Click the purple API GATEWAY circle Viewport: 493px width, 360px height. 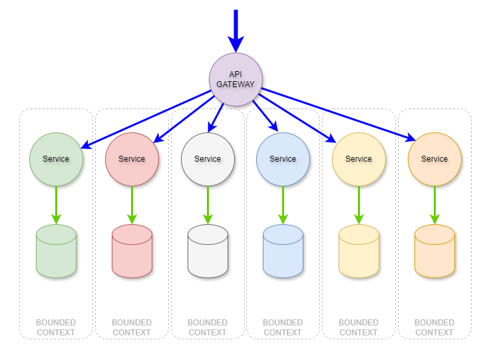click(236, 79)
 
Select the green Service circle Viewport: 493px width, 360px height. click(56, 159)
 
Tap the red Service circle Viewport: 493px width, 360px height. click(132, 159)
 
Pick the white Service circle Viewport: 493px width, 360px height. click(208, 159)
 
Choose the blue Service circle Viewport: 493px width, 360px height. click(283, 159)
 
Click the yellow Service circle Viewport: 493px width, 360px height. click(359, 159)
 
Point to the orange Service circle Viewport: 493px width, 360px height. click(434, 159)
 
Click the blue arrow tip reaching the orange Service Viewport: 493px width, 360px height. click(412, 138)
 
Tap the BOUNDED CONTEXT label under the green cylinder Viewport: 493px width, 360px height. click(56, 327)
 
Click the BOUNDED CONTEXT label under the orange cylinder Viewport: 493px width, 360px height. click(434, 327)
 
